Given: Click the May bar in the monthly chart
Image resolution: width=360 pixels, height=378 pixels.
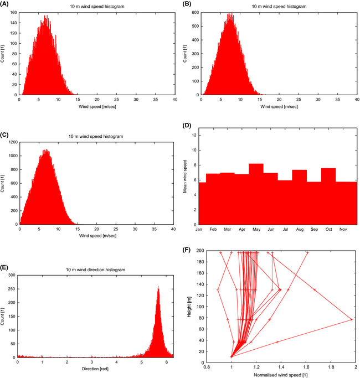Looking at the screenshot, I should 256,194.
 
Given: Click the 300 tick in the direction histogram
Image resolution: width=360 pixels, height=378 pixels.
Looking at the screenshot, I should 12,275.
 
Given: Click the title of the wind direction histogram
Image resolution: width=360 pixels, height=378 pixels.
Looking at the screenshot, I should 96,269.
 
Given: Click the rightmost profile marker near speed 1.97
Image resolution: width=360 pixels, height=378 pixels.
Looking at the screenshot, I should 352,319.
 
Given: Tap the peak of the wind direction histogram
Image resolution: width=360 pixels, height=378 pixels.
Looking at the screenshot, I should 158,287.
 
